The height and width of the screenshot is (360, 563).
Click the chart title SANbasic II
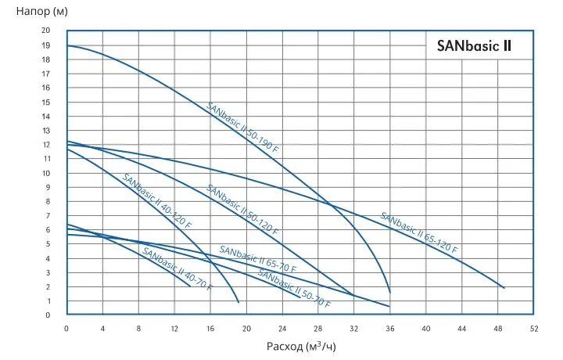474,46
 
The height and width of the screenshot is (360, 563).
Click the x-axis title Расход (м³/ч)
301,345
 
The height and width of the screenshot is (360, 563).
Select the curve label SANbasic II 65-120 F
419,232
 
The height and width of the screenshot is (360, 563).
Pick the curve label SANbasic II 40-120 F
156,200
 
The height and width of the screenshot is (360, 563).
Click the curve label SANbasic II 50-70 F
294,288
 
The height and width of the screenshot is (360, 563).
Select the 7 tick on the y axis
48,216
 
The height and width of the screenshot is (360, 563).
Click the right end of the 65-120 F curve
504,288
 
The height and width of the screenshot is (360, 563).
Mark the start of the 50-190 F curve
68,45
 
